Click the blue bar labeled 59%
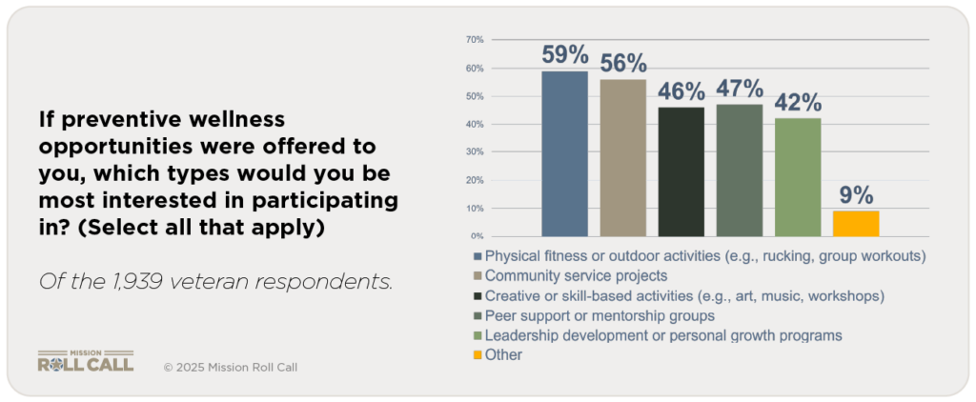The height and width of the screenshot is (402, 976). click(x=564, y=153)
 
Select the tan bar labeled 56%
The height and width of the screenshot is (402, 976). click(x=622, y=157)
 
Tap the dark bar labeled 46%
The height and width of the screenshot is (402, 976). click(x=681, y=171)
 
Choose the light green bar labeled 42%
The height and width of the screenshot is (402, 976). click(x=797, y=177)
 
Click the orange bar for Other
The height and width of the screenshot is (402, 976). click(x=855, y=223)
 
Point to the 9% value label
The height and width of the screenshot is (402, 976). click(x=855, y=195)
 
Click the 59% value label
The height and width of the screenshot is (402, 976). click(x=564, y=54)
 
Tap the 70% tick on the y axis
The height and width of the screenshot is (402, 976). click(x=474, y=40)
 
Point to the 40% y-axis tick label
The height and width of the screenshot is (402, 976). click(x=474, y=124)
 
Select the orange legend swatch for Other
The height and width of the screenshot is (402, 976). click(x=477, y=355)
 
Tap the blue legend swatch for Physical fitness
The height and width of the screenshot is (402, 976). click(x=477, y=256)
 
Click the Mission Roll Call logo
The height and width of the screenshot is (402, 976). click(x=86, y=361)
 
